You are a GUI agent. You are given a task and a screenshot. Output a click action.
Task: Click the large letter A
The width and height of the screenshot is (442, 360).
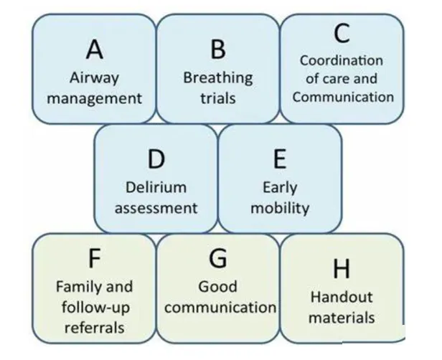click(x=94, y=49)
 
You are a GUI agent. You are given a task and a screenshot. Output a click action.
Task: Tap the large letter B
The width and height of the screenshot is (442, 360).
click(x=218, y=49)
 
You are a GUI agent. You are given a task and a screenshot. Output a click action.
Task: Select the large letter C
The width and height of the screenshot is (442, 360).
click(x=342, y=33)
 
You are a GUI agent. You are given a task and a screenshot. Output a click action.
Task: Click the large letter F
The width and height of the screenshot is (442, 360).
click(x=94, y=257)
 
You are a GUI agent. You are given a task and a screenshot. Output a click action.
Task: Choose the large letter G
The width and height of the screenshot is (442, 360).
click(x=217, y=257)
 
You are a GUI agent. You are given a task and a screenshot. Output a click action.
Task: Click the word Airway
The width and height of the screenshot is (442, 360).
click(x=94, y=77)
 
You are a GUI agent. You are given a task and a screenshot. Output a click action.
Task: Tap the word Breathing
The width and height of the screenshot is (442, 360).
click(x=218, y=77)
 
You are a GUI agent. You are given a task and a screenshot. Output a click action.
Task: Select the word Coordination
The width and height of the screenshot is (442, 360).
click(x=342, y=61)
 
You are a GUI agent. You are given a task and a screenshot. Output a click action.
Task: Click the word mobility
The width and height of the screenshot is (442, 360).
click(x=280, y=208)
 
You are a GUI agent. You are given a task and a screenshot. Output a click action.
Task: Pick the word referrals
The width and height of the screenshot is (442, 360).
click(x=94, y=328)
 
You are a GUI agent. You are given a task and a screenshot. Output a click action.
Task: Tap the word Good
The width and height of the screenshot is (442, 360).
click(x=217, y=287)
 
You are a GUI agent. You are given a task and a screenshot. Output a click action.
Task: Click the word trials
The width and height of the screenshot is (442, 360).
click(x=218, y=98)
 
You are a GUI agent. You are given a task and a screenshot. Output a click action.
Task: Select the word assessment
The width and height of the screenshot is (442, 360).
click(x=156, y=208)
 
